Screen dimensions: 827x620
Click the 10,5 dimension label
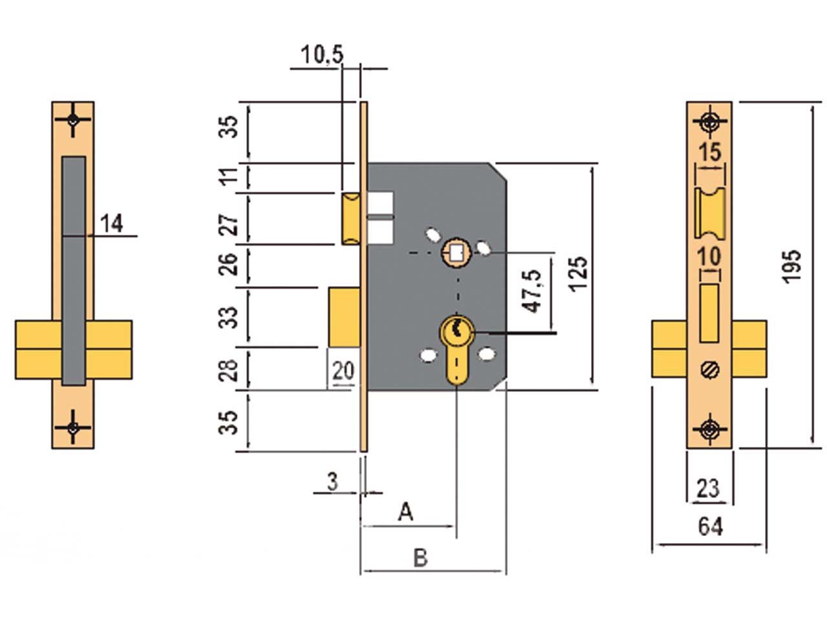coord(322,56)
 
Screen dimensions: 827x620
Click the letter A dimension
coord(406,512)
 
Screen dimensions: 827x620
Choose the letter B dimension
coord(421,558)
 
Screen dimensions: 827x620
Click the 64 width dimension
coord(711,526)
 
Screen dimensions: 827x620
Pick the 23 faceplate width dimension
coord(708,488)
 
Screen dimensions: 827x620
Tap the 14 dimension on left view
coord(112,223)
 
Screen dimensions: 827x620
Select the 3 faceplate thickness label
coord(333,482)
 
